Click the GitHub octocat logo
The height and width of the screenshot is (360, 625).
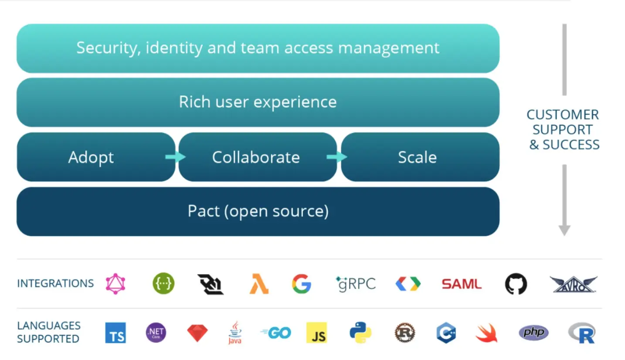(516, 284)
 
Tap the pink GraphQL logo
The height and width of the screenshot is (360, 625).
(115, 284)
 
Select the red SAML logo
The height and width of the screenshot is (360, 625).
(461, 284)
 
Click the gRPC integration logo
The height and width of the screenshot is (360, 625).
(356, 284)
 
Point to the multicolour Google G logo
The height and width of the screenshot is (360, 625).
(302, 284)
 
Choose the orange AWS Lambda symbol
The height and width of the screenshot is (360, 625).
(259, 284)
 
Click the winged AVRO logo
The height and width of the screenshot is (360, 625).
(573, 284)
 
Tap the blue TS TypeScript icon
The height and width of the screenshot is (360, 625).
(115, 333)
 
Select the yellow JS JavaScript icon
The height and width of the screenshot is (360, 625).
(316, 333)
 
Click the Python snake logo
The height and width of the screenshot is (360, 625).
(360, 333)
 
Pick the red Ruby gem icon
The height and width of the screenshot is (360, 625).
(197, 333)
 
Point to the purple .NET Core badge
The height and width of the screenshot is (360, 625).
(156, 333)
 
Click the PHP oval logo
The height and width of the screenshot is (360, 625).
(533, 333)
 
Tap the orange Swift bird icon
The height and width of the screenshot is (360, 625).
(486, 333)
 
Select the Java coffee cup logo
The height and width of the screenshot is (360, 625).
(235, 333)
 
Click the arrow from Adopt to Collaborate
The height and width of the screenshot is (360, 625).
(176, 157)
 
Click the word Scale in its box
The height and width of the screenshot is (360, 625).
(417, 157)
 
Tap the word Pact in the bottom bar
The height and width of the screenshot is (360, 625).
(204, 211)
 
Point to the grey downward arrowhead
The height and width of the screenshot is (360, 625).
(564, 230)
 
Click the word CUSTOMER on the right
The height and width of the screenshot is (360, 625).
(563, 115)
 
